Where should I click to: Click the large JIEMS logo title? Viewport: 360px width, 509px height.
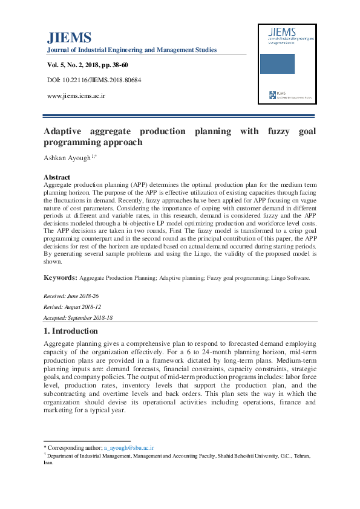pyautogui.click(x=69, y=37)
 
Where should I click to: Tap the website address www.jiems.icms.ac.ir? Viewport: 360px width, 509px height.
pyautogui.click(x=76, y=96)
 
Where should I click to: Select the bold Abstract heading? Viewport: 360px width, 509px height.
pyautogui.click(x=57, y=177)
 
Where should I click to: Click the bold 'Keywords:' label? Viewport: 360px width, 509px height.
pyautogui.click(x=59, y=277)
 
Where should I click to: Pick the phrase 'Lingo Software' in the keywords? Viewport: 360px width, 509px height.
pyautogui.click(x=288, y=278)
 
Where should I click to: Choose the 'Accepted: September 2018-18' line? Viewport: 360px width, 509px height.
pyautogui.click(x=78, y=317)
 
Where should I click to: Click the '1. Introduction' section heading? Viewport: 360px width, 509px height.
pyautogui.click(x=70, y=331)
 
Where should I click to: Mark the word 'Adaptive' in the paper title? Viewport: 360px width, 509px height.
pyautogui.click(x=66, y=131)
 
